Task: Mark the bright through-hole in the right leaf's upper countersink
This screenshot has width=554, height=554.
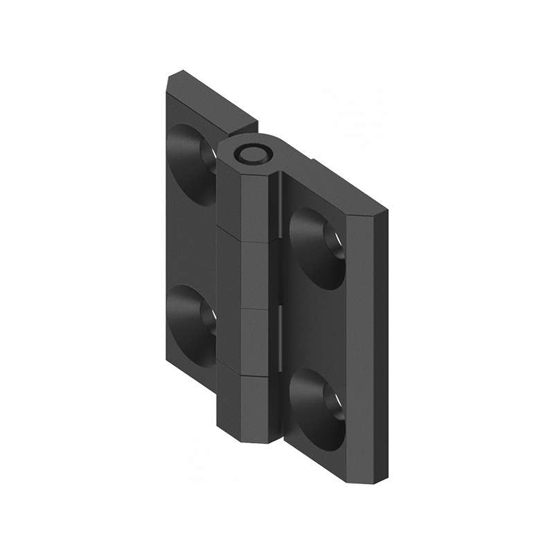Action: (x=336, y=246)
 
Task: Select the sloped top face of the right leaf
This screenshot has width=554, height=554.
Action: (x=332, y=186)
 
